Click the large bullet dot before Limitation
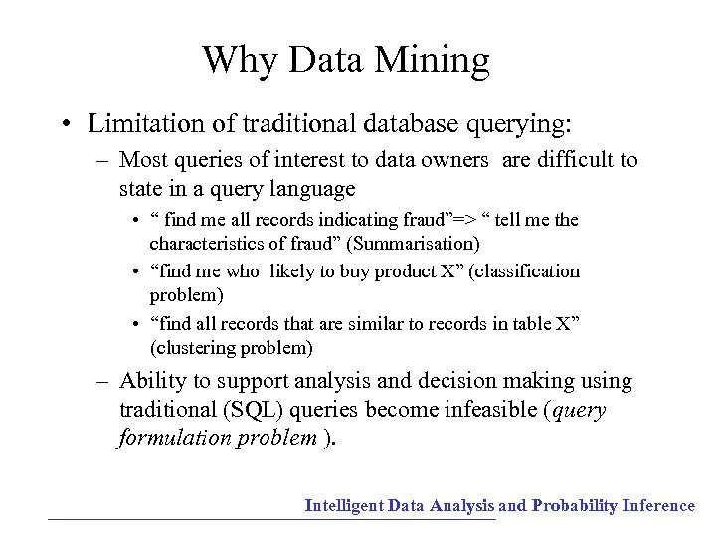pyautogui.click(x=65, y=125)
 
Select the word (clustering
pyautogui.click(x=194, y=348)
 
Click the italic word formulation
pyautogui.click(x=174, y=439)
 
